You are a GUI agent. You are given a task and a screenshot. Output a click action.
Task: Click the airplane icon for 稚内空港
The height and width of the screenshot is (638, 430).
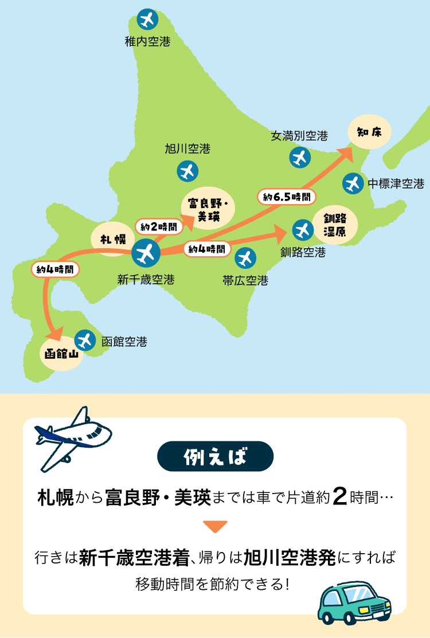[x=148, y=20]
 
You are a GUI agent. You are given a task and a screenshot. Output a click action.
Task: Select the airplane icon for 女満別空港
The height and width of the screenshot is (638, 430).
[x=300, y=157]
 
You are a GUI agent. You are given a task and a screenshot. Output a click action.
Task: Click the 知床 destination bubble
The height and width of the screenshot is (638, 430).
[x=369, y=132]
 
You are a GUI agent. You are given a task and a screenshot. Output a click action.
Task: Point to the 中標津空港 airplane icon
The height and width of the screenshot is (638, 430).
[x=352, y=184]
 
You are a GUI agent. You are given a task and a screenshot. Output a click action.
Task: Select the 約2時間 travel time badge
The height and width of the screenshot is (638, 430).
[x=155, y=226]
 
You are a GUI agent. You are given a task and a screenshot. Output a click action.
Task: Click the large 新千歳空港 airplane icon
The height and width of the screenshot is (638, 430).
[x=146, y=253]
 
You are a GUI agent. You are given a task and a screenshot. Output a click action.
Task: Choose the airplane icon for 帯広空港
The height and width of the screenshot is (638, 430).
[x=245, y=258]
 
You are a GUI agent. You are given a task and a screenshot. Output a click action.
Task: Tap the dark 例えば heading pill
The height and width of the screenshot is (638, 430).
[x=215, y=456]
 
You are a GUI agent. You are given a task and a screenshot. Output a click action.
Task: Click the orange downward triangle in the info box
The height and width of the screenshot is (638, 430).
[x=215, y=526]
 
